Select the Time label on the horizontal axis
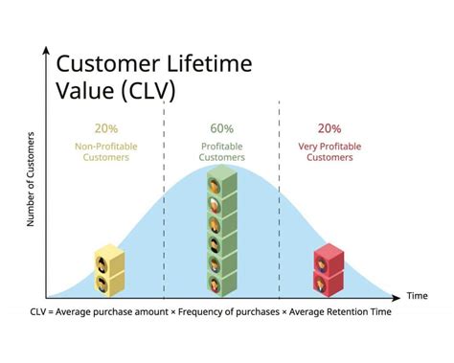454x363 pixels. click(416, 296)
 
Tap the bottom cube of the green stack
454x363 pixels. click(222, 282)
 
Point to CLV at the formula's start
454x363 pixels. click(38, 313)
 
